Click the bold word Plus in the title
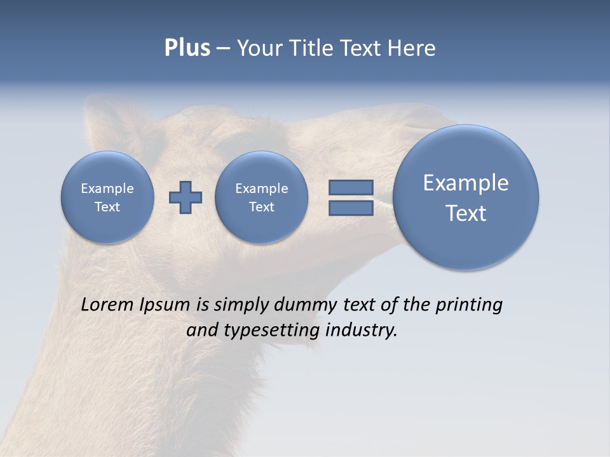pos(187,48)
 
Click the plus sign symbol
pos(186,197)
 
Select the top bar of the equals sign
pos(351,187)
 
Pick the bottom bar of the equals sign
pos(351,208)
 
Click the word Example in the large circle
pos(466,183)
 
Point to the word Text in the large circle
pos(466,213)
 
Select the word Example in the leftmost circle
pos(107,189)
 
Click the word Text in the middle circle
pos(261,207)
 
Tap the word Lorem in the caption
pos(107,305)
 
